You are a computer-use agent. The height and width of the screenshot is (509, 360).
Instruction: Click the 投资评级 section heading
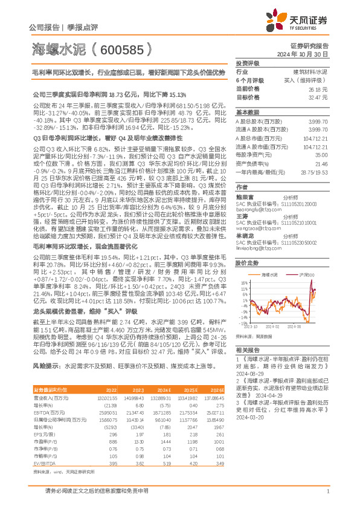tap(248, 63)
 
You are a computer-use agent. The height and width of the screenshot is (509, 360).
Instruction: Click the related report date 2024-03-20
tap(249, 417)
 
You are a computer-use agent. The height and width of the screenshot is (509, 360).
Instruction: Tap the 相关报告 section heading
tap(248, 350)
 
